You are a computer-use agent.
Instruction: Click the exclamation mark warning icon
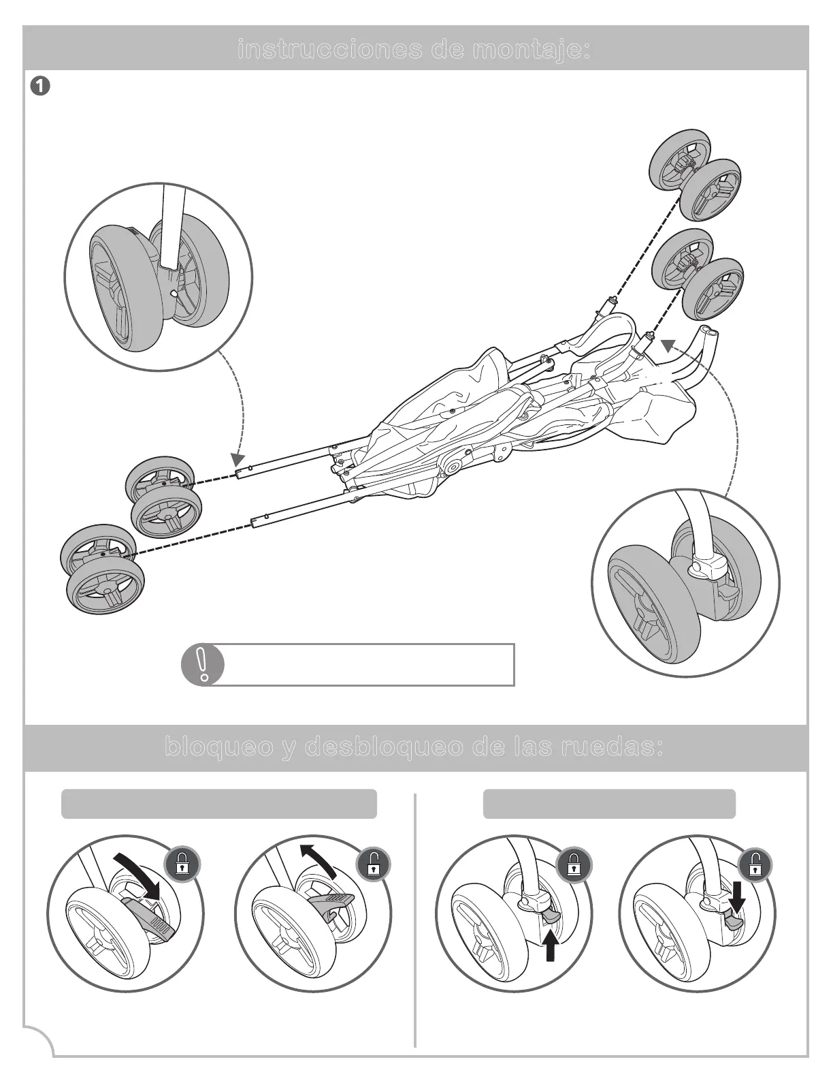tap(203, 665)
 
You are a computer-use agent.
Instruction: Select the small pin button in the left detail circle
tap(174, 292)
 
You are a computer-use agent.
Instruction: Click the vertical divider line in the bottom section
tap(414, 920)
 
